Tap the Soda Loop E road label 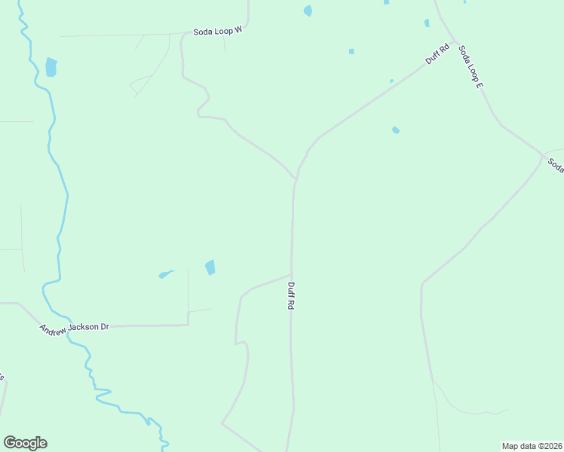[471, 68]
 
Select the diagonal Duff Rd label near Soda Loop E [437, 54]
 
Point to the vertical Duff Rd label [290, 298]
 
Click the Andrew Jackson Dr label [75, 328]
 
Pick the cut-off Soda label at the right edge [556, 165]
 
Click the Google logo [25, 443]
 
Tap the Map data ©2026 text [532, 445]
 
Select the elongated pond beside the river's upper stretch [51, 67]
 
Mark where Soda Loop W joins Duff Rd [295, 179]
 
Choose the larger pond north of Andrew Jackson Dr [210, 267]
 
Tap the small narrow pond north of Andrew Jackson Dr [166, 274]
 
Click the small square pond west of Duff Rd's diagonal [351, 51]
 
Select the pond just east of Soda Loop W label [308, 11]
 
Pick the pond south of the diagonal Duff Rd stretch [396, 130]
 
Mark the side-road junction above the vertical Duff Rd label [292, 274]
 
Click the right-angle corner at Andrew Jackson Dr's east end [188, 325]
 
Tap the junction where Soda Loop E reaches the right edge [543, 156]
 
